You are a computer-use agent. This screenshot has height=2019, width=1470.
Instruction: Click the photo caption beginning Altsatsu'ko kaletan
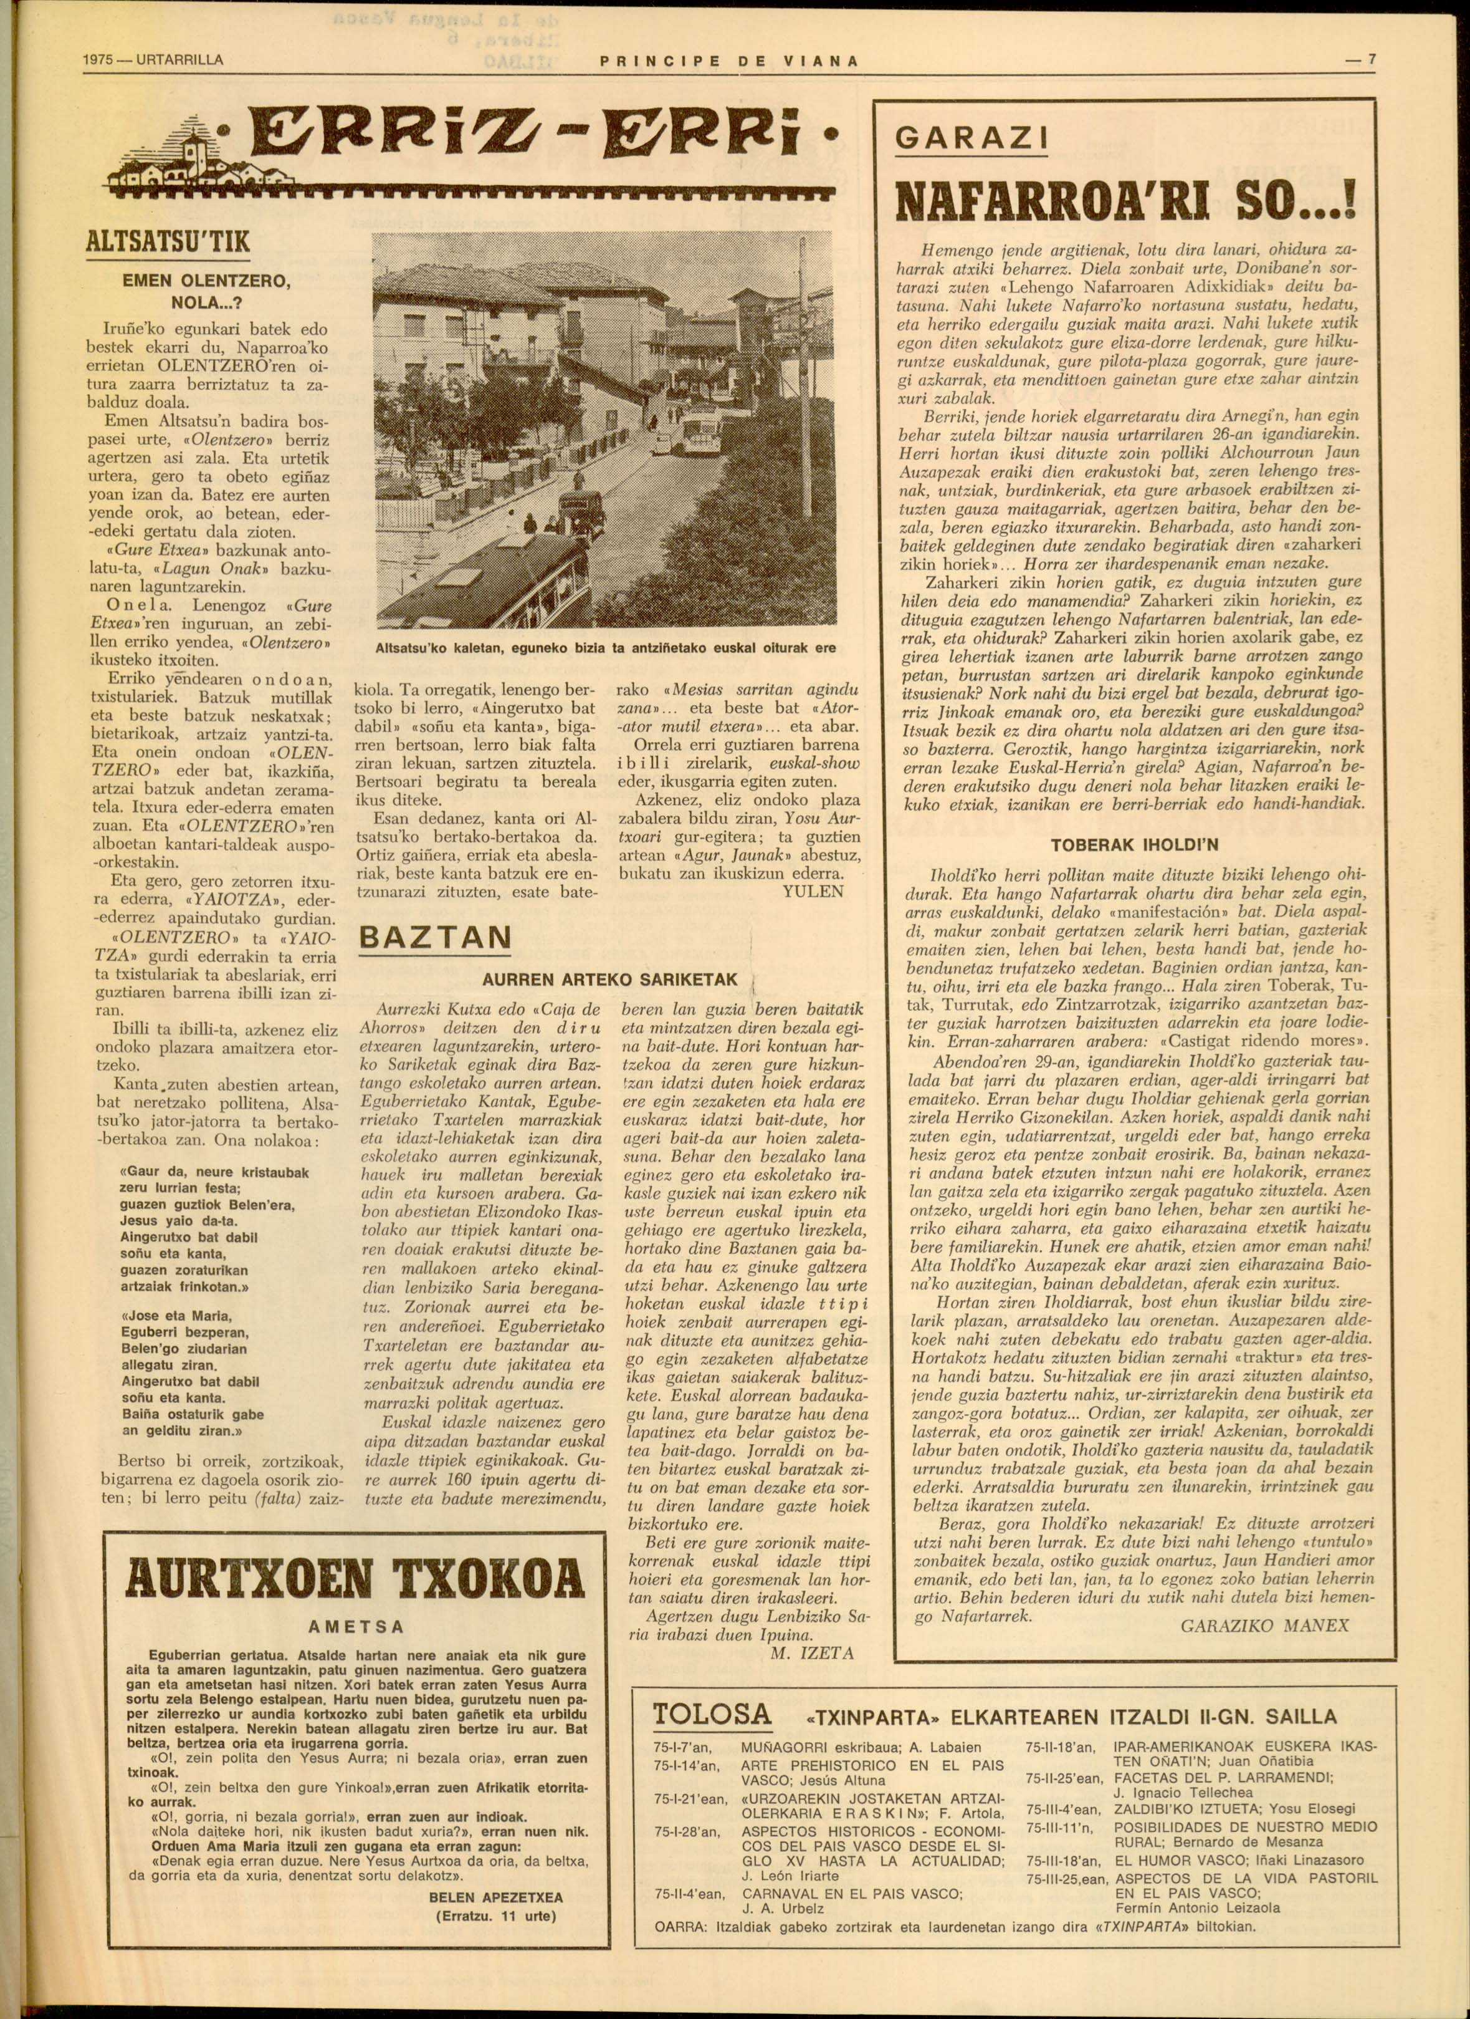coord(606,649)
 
